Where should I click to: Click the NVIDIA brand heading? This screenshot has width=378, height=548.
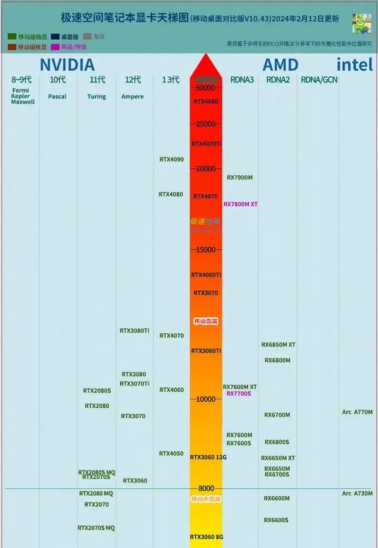pyautogui.click(x=67, y=64)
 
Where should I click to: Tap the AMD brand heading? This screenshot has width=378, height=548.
pyautogui.click(x=289, y=64)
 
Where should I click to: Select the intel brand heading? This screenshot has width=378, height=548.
pyautogui.click(x=355, y=64)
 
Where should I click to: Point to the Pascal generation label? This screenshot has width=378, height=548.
pyautogui.click(x=57, y=96)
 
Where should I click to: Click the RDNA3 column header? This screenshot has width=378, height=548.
pyautogui.click(x=243, y=79)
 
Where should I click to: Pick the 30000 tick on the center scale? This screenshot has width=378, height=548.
pyautogui.click(x=205, y=88)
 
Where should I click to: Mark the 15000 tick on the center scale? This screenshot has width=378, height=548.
pyautogui.click(x=205, y=249)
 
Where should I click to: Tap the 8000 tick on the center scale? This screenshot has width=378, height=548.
pyautogui.click(x=205, y=488)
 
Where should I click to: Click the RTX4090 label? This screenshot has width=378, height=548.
pyautogui.click(x=171, y=159)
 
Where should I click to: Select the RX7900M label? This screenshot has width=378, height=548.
pyautogui.click(x=239, y=178)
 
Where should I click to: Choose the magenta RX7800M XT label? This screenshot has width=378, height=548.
pyautogui.click(x=241, y=204)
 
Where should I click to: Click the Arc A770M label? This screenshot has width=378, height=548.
pyautogui.click(x=357, y=412)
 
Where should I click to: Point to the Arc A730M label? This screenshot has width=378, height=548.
pyautogui.click(x=357, y=493)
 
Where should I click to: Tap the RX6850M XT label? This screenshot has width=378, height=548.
pyautogui.click(x=278, y=345)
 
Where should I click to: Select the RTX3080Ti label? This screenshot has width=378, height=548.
pyautogui.click(x=135, y=330)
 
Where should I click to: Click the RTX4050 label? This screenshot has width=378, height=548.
pyautogui.click(x=171, y=454)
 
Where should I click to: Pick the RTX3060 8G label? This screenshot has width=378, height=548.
pyautogui.click(x=207, y=537)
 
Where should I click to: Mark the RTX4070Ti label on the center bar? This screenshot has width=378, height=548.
pyautogui.click(x=207, y=144)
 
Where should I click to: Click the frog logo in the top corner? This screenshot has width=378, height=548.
pyautogui.click(x=361, y=23)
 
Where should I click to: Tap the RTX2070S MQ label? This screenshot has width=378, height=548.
pyautogui.click(x=96, y=528)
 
